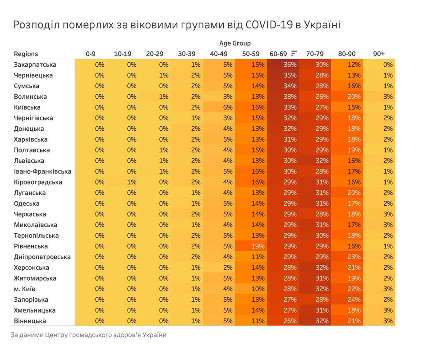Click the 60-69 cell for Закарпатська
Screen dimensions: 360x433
point(283,65)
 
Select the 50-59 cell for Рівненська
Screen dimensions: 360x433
point(251,246)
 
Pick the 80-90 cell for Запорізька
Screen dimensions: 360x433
point(347,300)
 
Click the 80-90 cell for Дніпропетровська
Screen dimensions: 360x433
point(347,257)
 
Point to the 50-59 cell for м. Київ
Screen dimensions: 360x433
point(251,289)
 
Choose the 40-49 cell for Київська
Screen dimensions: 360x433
point(219,107)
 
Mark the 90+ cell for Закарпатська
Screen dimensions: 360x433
point(379,65)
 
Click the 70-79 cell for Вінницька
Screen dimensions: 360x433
point(315,321)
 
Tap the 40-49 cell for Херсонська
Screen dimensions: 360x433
point(219,268)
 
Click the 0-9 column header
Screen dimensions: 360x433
point(91,54)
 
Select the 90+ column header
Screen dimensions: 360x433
point(379,54)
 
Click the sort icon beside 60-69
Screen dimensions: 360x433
point(295,53)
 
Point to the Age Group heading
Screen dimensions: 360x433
point(235,43)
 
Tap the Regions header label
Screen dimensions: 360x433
point(26,54)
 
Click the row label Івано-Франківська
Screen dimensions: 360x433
point(42,171)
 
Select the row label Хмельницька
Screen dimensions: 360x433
point(35,310)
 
